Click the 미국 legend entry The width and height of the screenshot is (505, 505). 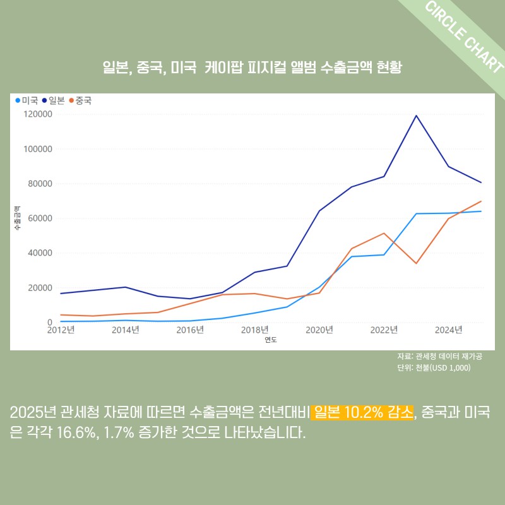[27, 100]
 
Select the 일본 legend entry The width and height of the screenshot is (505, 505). [54, 100]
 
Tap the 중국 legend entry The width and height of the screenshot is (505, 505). [80, 100]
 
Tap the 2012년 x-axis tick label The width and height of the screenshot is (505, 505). [61, 330]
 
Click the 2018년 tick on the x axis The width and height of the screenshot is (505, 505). [254, 330]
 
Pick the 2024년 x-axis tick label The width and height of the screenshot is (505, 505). [448, 330]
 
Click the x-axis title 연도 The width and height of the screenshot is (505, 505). [271, 340]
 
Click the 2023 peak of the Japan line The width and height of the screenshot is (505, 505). [416, 116]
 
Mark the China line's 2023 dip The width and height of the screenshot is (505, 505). [416, 263]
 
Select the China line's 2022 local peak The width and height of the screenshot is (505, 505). [384, 233]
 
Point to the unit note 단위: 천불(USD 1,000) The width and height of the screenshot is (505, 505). [434, 368]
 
